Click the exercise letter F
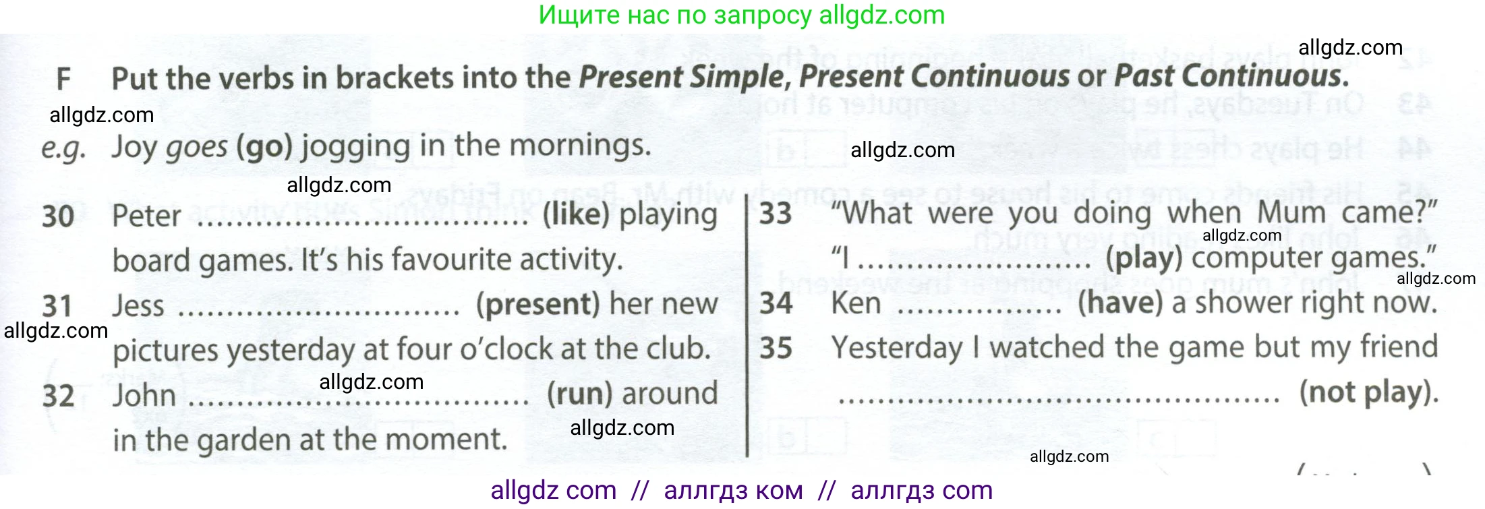pos(63,79)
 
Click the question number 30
pos(58,216)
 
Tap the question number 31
pos(57,306)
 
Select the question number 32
pos(58,396)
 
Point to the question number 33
pos(776,214)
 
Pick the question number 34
pos(776,303)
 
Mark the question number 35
pos(776,348)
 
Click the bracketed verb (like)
pos(576,215)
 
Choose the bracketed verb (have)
pos(1120,303)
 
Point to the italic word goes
pos(197,147)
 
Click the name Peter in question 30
pos(146,216)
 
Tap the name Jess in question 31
pos(138,306)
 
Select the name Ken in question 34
pos(856,303)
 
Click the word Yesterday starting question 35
pos(897,348)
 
